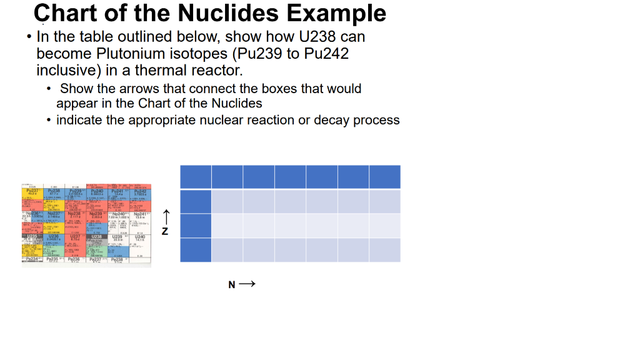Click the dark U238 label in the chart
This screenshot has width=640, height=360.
pos(96,237)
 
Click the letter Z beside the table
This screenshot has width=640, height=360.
pos(165,231)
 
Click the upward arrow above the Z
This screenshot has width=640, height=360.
pos(165,217)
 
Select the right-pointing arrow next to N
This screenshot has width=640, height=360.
pos(247,284)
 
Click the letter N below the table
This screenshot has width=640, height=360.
pos(232,285)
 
